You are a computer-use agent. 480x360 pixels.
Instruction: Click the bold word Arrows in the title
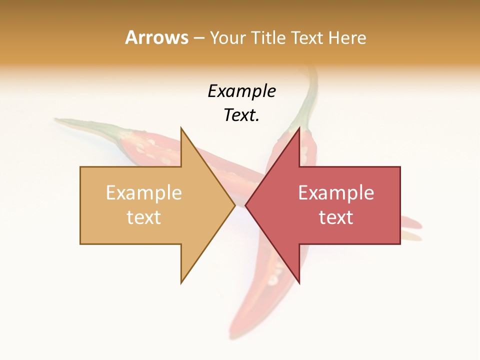point(156,37)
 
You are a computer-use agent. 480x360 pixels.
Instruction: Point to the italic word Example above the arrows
point(241,91)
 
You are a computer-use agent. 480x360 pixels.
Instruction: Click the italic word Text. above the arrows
point(241,115)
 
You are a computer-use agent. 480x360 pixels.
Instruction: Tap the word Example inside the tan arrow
point(144,193)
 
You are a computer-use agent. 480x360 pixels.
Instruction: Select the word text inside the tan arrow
point(144,217)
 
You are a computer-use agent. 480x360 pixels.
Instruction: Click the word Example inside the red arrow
point(336,193)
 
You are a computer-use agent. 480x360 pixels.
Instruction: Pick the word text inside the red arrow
point(336,217)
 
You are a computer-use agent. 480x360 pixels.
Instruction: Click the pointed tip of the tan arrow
point(234,205)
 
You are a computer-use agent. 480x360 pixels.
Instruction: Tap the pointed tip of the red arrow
point(245,205)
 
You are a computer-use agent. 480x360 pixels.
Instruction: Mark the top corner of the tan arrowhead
point(181,128)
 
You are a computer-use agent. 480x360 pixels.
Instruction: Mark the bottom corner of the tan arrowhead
point(181,282)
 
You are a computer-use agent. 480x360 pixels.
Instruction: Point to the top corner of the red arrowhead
point(299,128)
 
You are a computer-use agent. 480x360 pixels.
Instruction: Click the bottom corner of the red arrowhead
point(299,282)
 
